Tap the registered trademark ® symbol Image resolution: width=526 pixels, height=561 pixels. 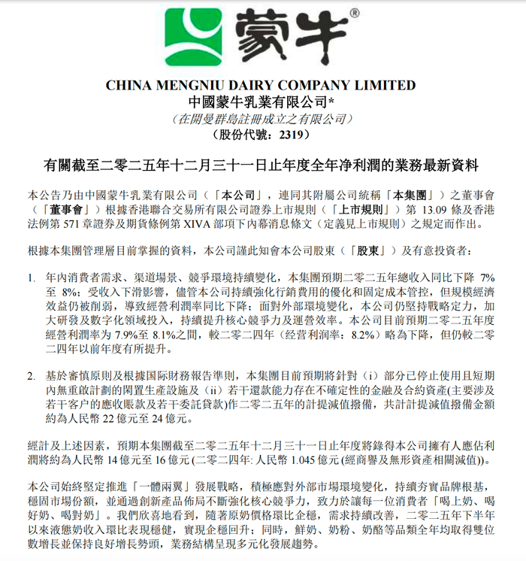[353, 13]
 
